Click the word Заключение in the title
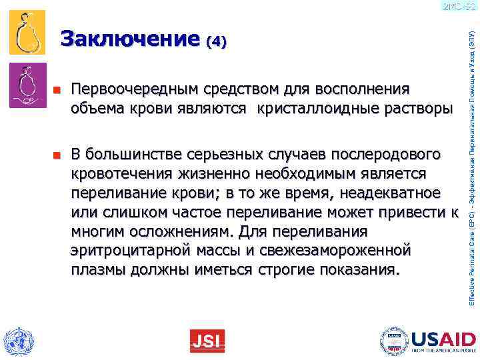coord(131,40)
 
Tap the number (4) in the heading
coord(217,42)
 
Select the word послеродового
coord(383,155)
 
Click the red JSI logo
coord(207,341)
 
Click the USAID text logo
coord(442,337)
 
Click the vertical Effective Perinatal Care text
coord(471,167)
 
